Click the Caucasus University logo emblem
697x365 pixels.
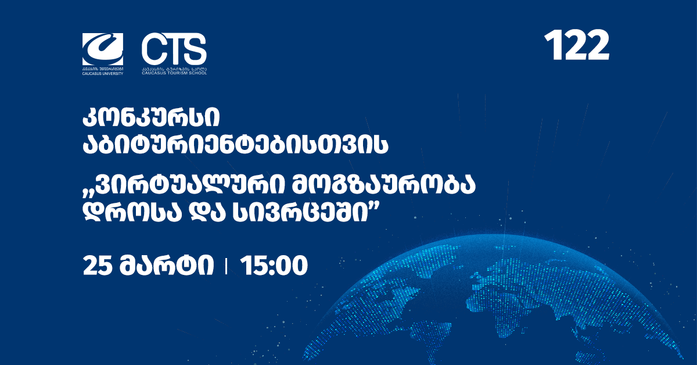tap(103, 49)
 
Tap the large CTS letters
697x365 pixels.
tap(174, 49)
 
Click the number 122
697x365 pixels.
tap(577, 45)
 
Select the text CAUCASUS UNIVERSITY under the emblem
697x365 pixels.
tap(103, 74)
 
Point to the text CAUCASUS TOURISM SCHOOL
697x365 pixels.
tap(174, 73)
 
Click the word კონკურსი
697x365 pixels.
tap(151, 118)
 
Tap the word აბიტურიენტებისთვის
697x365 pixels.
tap(236, 145)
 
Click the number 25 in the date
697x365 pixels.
tap(97, 266)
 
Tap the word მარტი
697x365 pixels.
tap(167, 266)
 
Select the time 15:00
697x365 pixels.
tap(274, 266)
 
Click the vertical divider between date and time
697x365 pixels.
tap(226, 267)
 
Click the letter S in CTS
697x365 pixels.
tap(195, 49)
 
